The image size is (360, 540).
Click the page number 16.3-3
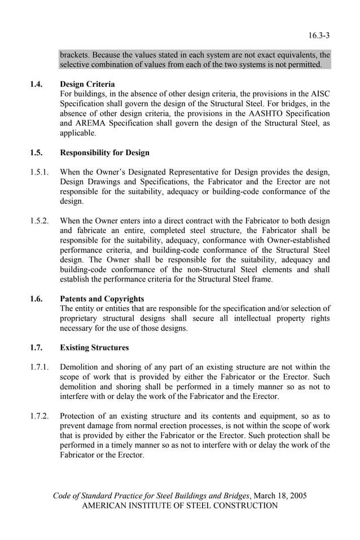point(319,36)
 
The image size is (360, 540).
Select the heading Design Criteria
point(87,84)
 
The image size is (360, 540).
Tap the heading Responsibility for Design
point(104,152)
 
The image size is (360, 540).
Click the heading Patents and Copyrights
point(102,298)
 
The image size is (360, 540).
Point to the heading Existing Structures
point(94,348)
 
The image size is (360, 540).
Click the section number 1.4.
point(36,84)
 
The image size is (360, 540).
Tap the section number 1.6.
point(36,298)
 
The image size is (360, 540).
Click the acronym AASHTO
point(262,113)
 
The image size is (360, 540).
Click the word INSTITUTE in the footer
point(159,506)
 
